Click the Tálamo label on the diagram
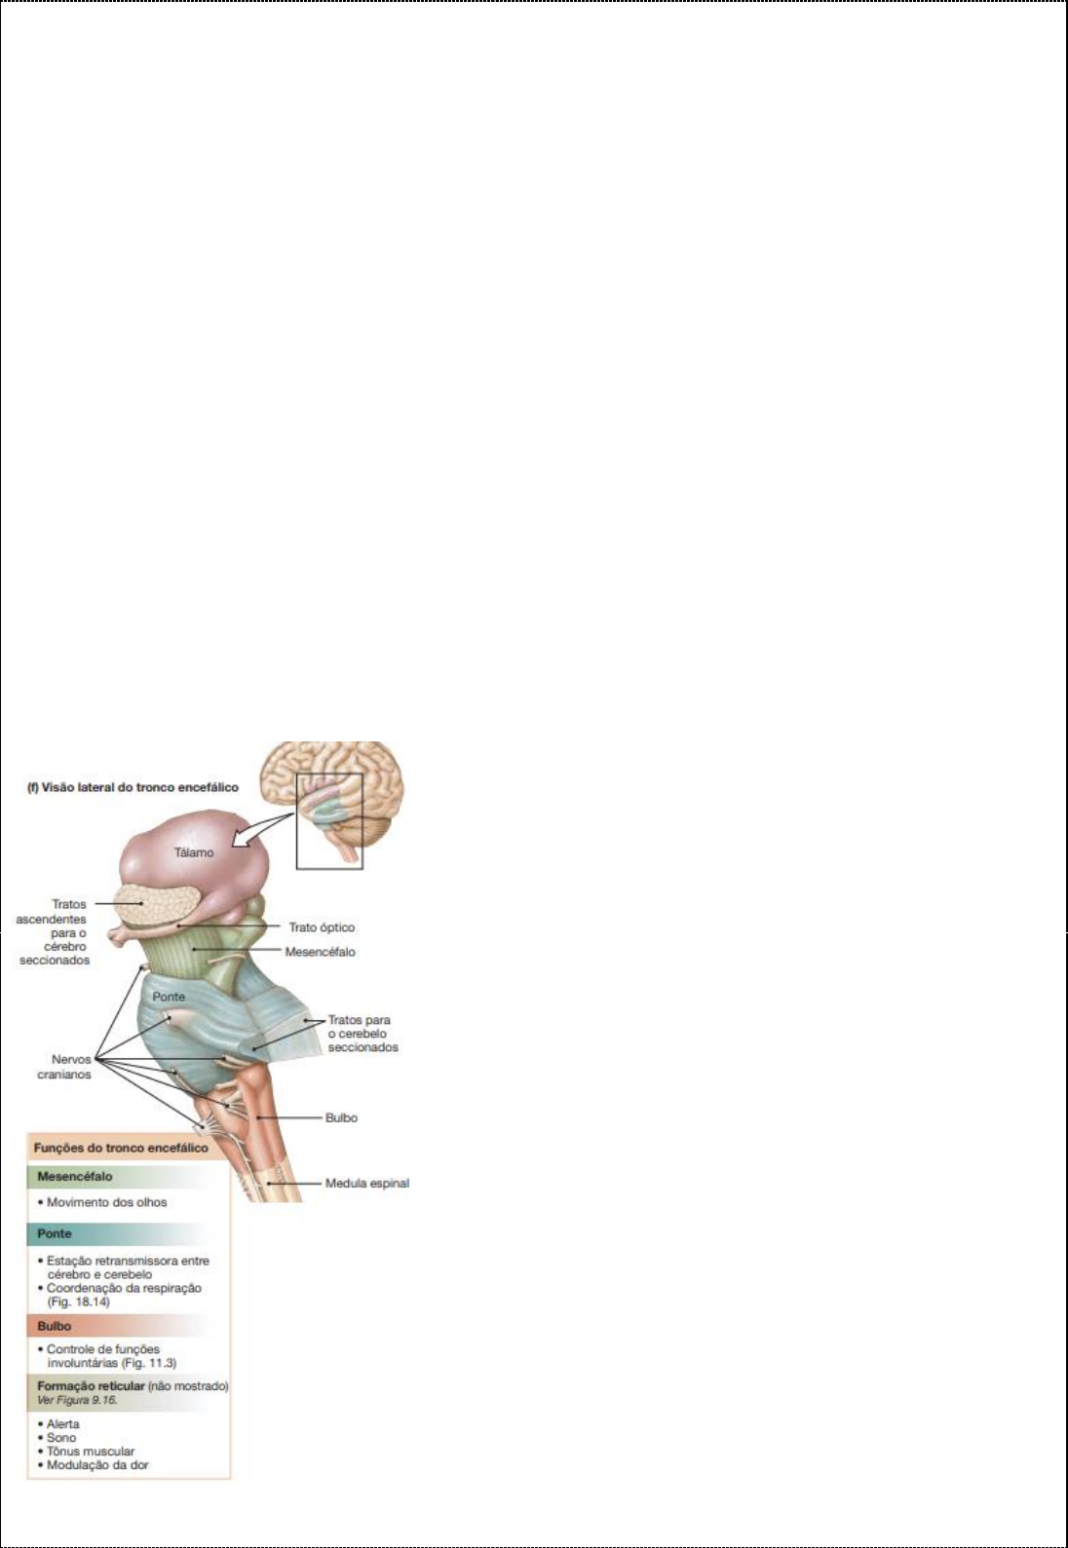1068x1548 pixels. coord(194,852)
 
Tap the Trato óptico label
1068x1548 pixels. coord(322,927)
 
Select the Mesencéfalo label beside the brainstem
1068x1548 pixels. coord(320,952)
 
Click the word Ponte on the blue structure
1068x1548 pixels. coord(169,997)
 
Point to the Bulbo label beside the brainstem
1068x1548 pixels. coord(341,1117)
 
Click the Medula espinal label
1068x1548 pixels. coord(366,1184)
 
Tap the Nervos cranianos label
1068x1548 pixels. coord(71,1067)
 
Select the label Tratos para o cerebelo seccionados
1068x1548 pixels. coord(362,1034)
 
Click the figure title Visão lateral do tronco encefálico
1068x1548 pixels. coord(132,787)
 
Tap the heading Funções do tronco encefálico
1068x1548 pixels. coord(121,1148)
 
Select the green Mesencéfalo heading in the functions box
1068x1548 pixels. coord(75,1176)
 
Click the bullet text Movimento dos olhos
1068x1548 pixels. coord(106,1202)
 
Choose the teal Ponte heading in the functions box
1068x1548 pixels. coord(55,1233)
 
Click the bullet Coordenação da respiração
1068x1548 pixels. coord(124,1288)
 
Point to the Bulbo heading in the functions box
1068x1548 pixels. coord(55,1326)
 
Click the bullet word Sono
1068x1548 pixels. coord(61,1437)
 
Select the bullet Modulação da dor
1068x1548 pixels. coord(97,1464)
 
